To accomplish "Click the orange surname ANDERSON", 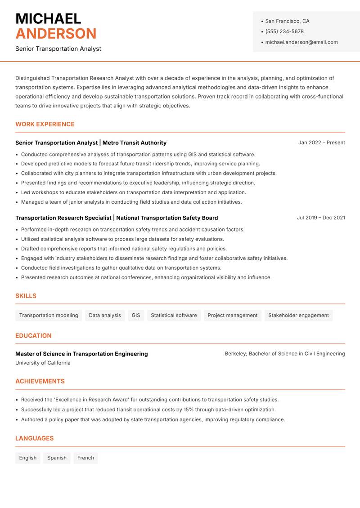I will (56, 34).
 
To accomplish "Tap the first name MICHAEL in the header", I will (48, 18).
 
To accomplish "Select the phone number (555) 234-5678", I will (284, 31).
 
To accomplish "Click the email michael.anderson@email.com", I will (301, 42).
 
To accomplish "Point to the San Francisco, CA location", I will (287, 21).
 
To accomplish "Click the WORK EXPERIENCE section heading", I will (45, 124).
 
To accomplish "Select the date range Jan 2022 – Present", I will (321, 143).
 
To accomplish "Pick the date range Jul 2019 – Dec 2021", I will (321, 218).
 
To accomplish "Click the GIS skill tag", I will (136, 316).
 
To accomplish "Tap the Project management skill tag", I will (232, 316).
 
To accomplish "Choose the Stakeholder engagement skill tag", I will (298, 316).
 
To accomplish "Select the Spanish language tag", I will (57, 458).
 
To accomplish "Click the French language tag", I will (85, 458).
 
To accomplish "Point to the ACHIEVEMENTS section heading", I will (40, 381).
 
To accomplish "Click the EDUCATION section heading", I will (33, 336).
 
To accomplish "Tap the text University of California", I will (43, 363).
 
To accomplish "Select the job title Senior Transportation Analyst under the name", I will (58, 49).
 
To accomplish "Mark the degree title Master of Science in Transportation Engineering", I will (81, 354).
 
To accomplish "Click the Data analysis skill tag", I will (105, 316).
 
